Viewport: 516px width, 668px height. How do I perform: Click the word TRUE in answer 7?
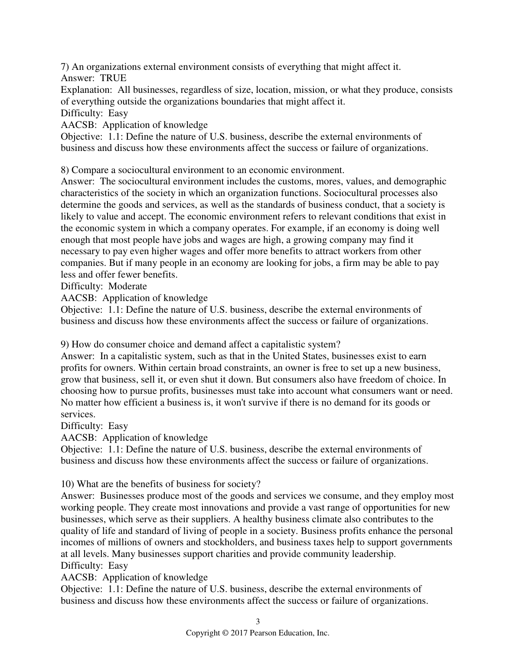point(113,78)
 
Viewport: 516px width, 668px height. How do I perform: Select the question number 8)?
point(65,170)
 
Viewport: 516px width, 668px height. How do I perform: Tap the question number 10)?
point(67,484)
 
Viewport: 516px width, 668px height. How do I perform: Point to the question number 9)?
point(65,344)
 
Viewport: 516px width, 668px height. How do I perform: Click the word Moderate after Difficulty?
point(127,286)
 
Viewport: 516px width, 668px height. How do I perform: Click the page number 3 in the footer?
point(258,622)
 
